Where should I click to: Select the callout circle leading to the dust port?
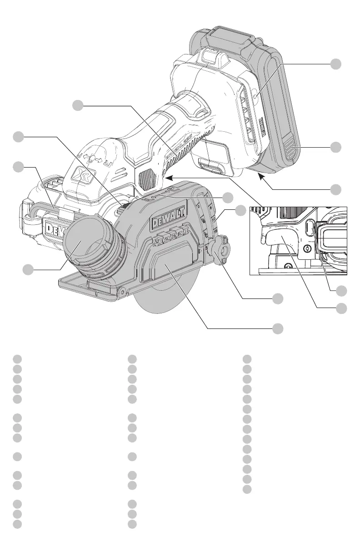(x=29, y=269)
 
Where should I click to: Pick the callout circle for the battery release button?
(x=335, y=147)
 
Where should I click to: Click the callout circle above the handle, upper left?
(x=78, y=105)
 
